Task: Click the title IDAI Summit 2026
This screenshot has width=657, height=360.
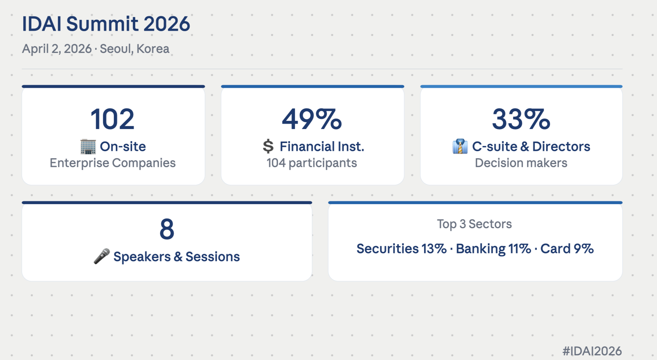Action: click(106, 24)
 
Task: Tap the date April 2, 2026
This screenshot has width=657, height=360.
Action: click(57, 49)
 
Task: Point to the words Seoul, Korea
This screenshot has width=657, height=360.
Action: click(135, 49)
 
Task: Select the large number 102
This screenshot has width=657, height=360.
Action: click(112, 119)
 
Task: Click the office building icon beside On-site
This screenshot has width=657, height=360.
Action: click(88, 147)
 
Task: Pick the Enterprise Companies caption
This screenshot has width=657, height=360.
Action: click(113, 163)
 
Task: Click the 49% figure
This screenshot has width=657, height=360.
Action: click(312, 119)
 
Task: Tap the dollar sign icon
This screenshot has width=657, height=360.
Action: click(268, 147)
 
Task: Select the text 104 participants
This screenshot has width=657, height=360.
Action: click(312, 163)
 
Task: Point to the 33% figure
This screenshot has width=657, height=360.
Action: click(521, 119)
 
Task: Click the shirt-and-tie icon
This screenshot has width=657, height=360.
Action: click(460, 147)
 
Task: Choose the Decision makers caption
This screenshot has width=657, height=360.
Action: click(521, 163)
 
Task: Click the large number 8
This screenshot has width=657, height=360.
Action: click(167, 229)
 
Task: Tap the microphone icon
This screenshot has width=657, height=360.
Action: click(102, 256)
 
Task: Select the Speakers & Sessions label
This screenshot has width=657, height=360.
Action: click(176, 257)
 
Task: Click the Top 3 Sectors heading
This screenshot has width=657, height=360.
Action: click(474, 224)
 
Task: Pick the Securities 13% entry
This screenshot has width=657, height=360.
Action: click(402, 249)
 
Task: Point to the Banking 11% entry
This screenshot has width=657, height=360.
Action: click(493, 249)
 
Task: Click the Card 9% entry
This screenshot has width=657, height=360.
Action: click(567, 249)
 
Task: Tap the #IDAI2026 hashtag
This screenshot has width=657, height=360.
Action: click(592, 351)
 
